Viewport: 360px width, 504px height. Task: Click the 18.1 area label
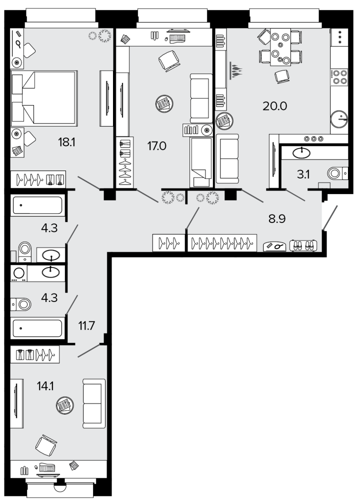pyautogui.click(x=66, y=142)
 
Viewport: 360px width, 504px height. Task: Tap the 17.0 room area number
pyautogui.click(x=156, y=146)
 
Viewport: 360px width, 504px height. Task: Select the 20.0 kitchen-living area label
pyautogui.click(x=274, y=106)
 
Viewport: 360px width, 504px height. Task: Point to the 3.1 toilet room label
pyautogui.click(x=303, y=174)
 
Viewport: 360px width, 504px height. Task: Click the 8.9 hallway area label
pyautogui.click(x=277, y=219)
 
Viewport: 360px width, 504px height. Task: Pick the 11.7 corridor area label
pyautogui.click(x=86, y=326)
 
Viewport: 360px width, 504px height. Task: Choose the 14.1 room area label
pyautogui.click(x=45, y=386)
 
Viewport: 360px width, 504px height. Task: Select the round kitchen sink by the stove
pyautogui.click(x=339, y=119)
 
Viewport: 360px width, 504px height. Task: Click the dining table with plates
pyautogui.click(x=280, y=47)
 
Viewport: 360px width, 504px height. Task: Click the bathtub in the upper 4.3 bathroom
pyautogui.click(x=37, y=205)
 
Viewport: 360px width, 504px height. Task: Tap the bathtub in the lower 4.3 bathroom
pyautogui.click(x=37, y=328)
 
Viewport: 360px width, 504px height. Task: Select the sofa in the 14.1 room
pyautogui.click(x=94, y=403)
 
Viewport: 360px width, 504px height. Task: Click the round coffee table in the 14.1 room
pyautogui.click(x=65, y=405)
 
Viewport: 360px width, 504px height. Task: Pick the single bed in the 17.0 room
pyautogui.click(x=201, y=162)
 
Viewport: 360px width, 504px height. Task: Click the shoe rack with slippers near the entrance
pyautogui.click(x=303, y=245)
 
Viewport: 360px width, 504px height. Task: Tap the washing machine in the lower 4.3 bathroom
pyautogui.click(x=18, y=273)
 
